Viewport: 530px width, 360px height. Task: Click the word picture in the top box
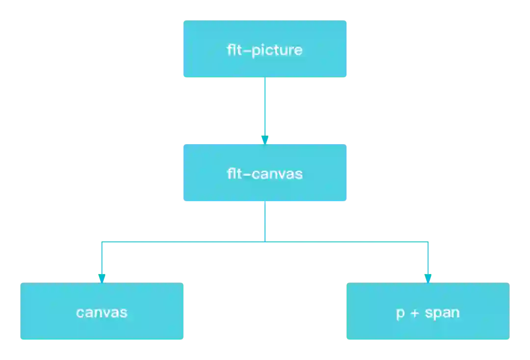(x=277, y=50)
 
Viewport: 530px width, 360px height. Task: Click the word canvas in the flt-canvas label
(x=277, y=174)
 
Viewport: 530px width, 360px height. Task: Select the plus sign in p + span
(x=415, y=313)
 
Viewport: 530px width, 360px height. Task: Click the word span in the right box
(x=443, y=313)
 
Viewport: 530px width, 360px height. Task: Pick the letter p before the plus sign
(x=400, y=313)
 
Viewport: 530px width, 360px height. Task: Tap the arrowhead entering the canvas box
(x=102, y=278)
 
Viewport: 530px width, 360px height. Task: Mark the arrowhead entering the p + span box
(x=427, y=278)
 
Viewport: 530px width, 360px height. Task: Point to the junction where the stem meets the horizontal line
(x=265, y=241)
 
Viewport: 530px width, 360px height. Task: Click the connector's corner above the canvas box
(x=101, y=241)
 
